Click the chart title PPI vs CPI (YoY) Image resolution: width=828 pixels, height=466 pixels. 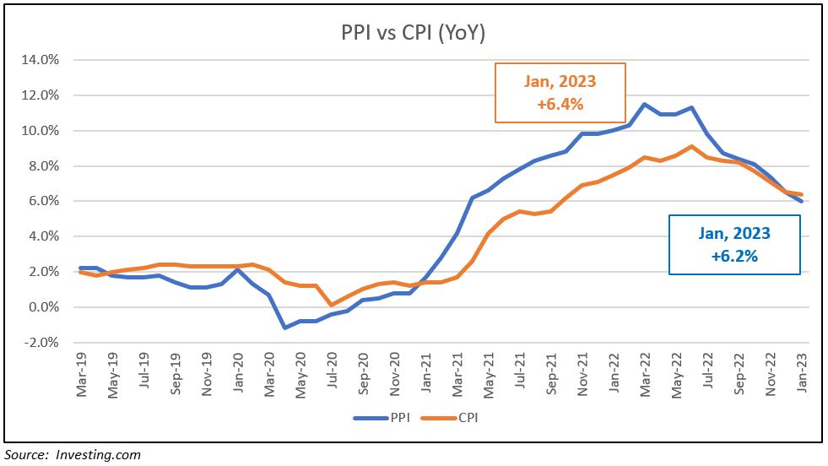pyautogui.click(x=413, y=33)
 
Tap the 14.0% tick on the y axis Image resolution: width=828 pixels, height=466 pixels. pyautogui.click(x=40, y=60)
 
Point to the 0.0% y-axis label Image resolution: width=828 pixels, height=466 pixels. pyautogui.click(x=42, y=307)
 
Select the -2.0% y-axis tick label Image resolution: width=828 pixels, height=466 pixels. pyautogui.click(x=41, y=343)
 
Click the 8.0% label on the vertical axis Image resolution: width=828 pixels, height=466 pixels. pyautogui.click(x=42, y=166)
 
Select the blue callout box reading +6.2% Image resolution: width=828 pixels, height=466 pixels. pyautogui.click(x=733, y=244)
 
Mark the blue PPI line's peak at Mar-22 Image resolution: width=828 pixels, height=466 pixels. pyautogui.click(x=644, y=105)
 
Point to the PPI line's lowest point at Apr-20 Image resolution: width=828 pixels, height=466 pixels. pyautogui.click(x=285, y=328)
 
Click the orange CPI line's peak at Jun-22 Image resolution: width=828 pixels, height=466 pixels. pyautogui.click(x=691, y=146)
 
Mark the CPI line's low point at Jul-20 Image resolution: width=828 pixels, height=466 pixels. pyautogui.click(x=333, y=305)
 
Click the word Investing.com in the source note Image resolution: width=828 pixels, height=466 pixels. pyautogui.click(x=98, y=455)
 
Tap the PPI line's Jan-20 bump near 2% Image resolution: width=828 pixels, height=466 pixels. pyautogui.click(x=239, y=270)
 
